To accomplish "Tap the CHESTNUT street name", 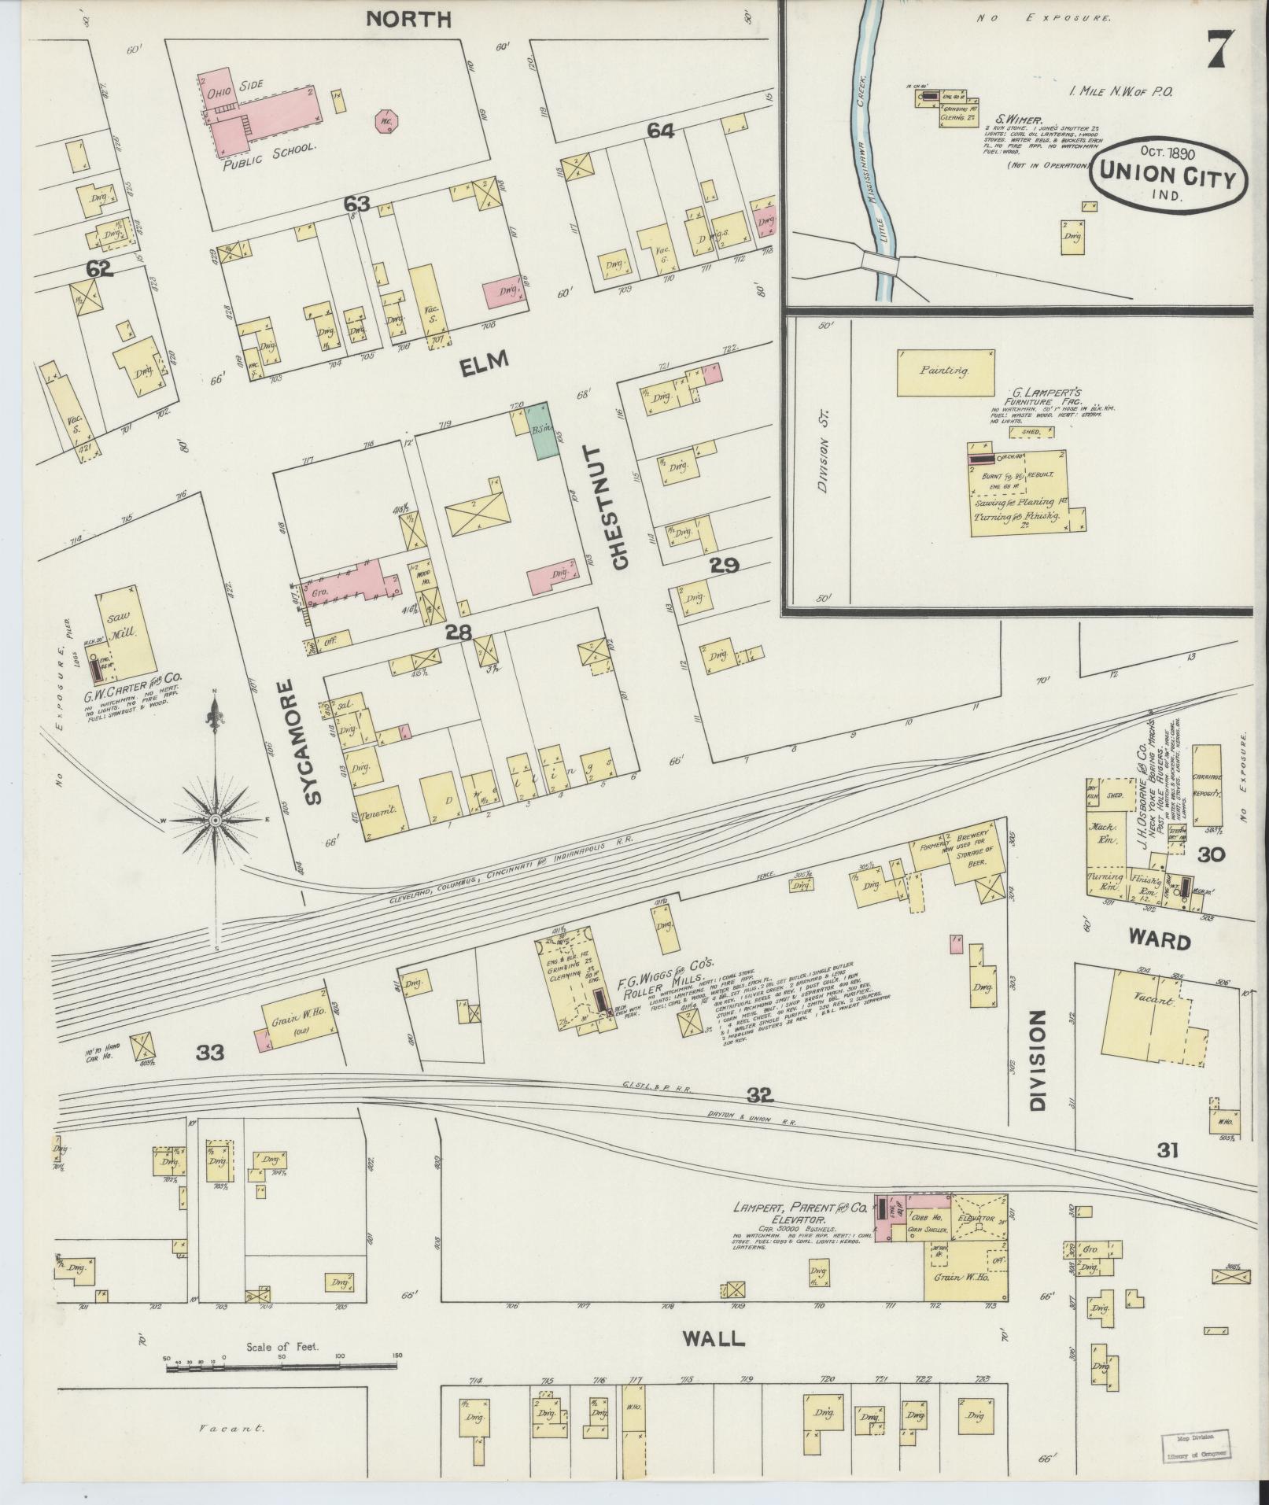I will click(619, 507).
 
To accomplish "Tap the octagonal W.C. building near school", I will click(385, 122).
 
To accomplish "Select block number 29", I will click(724, 565).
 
